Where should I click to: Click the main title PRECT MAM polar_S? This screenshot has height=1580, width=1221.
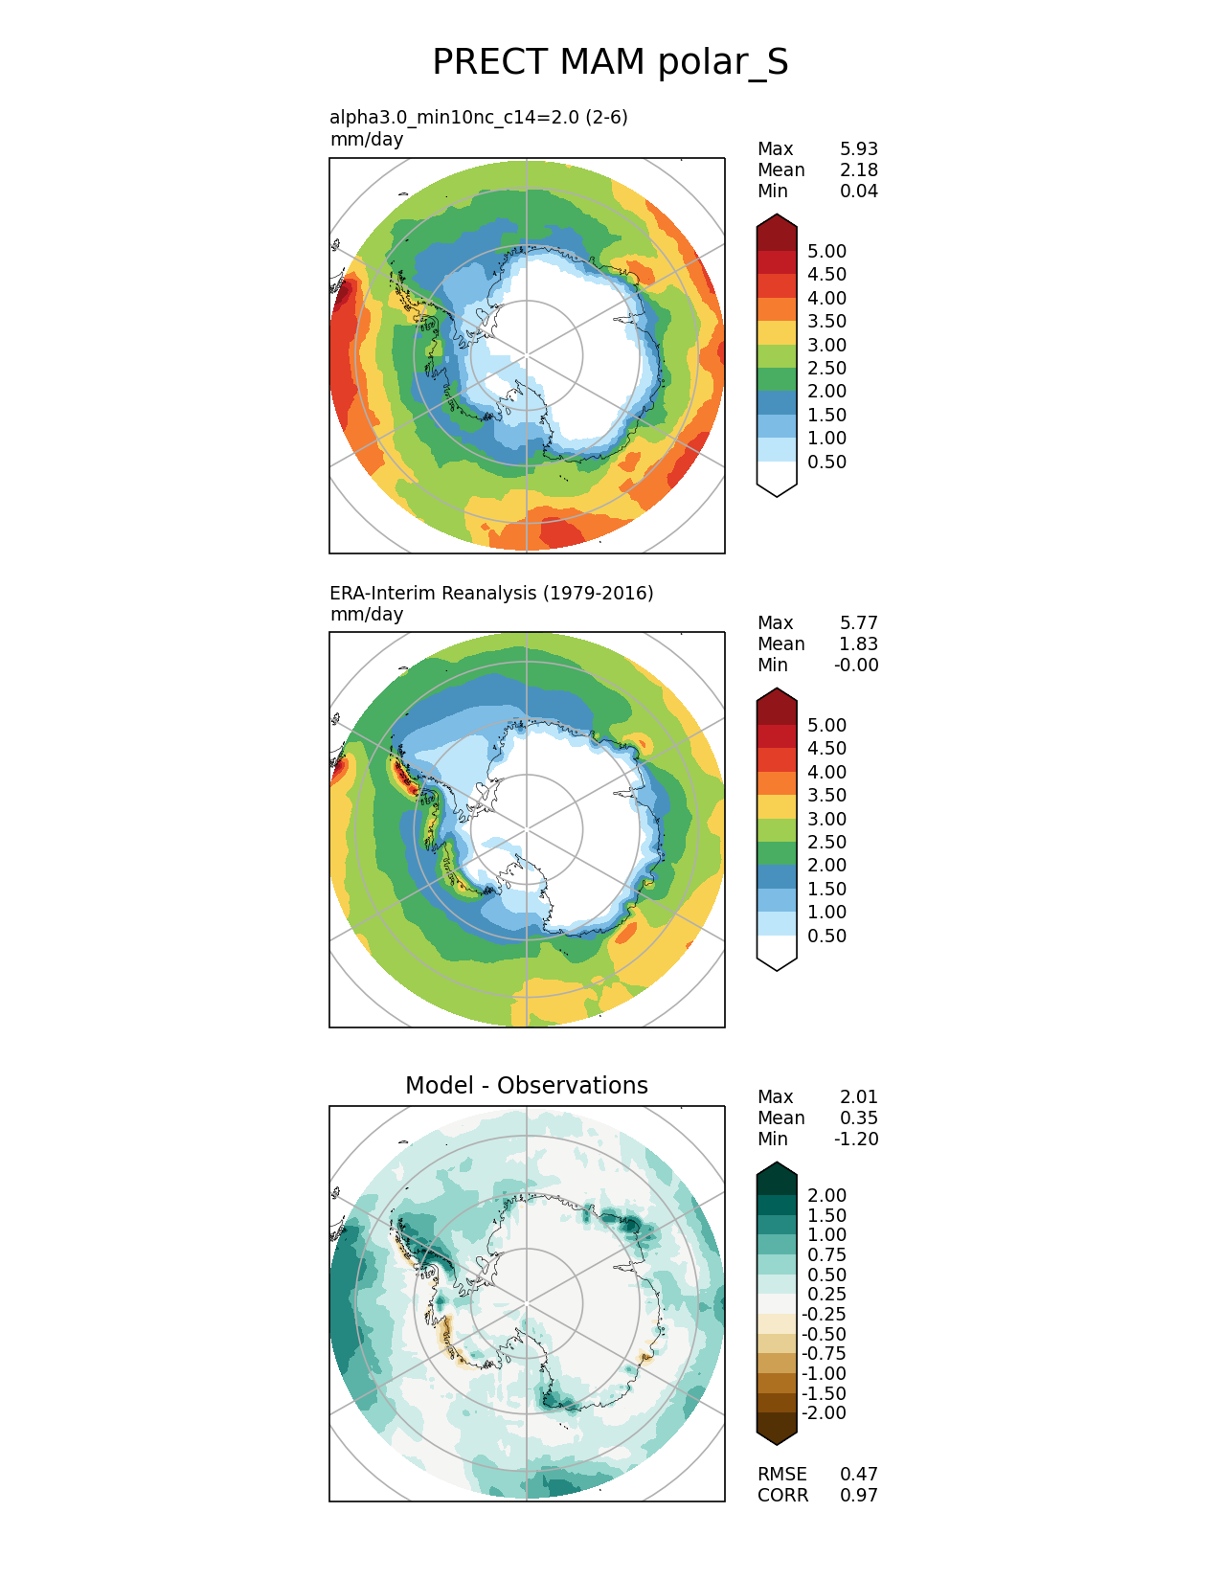(x=610, y=62)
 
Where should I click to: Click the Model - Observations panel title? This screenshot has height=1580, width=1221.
(x=526, y=1085)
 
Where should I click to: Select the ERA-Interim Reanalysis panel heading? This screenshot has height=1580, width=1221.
(x=491, y=593)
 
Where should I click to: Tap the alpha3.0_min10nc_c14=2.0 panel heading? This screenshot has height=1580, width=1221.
(x=479, y=117)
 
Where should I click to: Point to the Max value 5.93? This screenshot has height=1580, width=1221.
(x=858, y=148)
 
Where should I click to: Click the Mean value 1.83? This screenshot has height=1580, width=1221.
(x=858, y=643)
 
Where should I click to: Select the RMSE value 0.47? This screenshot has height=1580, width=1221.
(x=858, y=1474)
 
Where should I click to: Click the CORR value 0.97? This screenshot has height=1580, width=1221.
(x=858, y=1495)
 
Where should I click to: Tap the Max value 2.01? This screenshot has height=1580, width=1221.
(x=858, y=1096)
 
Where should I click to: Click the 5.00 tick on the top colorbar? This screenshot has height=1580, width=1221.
(x=826, y=251)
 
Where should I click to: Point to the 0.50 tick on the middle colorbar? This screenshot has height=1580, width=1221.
(x=826, y=936)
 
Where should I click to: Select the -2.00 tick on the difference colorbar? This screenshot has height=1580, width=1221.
(x=824, y=1412)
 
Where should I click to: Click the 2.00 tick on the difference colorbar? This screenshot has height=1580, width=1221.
(x=826, y=1195)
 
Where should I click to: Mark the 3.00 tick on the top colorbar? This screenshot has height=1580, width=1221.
(x=826, y=345)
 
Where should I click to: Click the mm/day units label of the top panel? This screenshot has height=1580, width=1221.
(x=367, y=139)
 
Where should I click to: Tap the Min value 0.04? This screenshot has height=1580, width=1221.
(x=858, y=191)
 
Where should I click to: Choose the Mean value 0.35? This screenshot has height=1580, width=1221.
(x=858, y=1117)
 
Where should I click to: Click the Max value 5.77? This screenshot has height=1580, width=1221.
(x=858, y=622)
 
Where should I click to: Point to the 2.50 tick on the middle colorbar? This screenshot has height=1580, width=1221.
(x=826, y=842)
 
